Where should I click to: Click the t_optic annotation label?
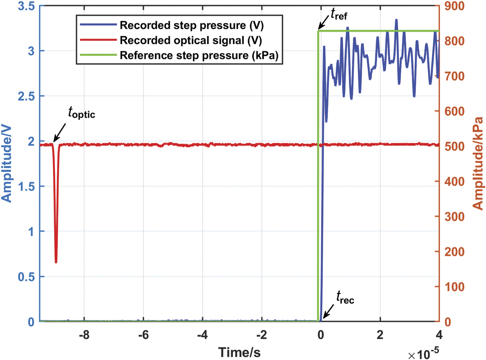(81, 113)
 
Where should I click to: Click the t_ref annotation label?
(339, 14)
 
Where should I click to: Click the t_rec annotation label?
(345, 297)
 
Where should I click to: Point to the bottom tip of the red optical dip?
(56, 262)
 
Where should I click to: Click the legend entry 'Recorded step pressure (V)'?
(191, 25)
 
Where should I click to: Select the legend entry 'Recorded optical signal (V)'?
(191, 40)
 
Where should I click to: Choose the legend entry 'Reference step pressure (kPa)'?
(199, 56)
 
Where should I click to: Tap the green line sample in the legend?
(98, 55)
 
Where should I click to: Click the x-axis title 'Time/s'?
(239, 352)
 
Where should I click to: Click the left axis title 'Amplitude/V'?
(7, 164)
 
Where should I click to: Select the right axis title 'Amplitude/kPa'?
(478, 164)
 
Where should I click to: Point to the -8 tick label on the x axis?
(84, 335)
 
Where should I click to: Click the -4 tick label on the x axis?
(202, 335)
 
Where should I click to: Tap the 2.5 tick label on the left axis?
(27, 96)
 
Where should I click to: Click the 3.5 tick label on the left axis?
(27, 6)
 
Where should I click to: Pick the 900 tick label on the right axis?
(454, 6)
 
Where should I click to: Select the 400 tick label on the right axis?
(454, 182)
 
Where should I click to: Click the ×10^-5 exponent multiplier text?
(423, 354)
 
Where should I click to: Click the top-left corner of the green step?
(318, 31)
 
